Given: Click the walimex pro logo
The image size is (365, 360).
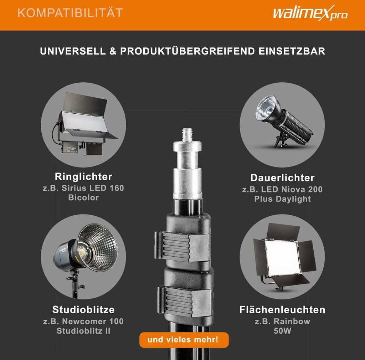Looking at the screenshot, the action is [310, 13].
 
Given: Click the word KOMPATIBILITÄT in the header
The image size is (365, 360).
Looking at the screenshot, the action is [70, 13].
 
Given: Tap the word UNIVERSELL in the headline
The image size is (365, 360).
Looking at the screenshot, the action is [73, 51].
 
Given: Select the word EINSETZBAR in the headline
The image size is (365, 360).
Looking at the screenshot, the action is [292, 51].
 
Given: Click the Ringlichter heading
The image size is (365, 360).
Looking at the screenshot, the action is [83, 177].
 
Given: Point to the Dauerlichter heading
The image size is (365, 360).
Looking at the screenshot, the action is [282, 178].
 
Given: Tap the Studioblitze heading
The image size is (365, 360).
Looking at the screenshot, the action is [83, 310].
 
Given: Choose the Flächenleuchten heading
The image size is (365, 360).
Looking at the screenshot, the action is [282, 310].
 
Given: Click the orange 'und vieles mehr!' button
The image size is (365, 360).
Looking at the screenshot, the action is [184, 340].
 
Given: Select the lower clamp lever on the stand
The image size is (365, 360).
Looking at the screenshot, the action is [185, 301].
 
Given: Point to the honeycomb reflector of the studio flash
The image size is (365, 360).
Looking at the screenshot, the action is [97, 247].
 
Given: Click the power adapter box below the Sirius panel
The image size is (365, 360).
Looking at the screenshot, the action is [69, 148].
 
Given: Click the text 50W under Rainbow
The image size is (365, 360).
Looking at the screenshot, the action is [282, 331].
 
